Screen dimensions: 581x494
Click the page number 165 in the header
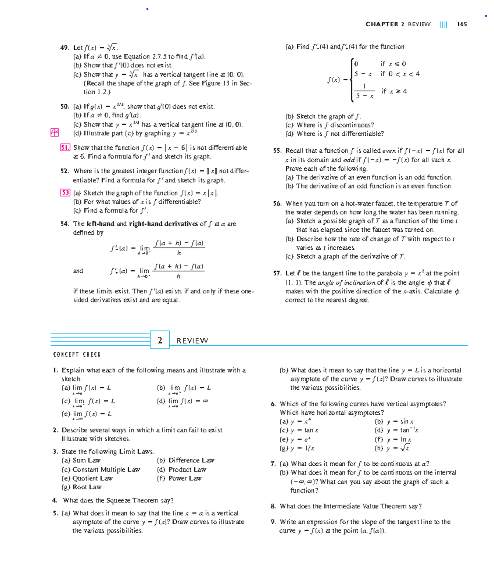(462, 24)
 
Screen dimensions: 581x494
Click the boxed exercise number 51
(65, 148)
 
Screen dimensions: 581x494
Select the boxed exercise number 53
(65, 193)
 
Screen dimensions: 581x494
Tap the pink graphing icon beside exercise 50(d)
(54, 132)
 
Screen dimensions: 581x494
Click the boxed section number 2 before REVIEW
(160, 340)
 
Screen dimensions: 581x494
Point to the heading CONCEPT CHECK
(77, 355)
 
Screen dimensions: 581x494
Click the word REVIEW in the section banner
(192, 341)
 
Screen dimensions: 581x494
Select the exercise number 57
(277, 273)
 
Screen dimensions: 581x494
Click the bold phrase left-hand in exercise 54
(100, 224)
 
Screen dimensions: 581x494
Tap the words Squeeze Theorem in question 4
(133, 500)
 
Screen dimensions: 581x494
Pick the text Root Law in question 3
(87, 487)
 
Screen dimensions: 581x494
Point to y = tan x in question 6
(304, 430)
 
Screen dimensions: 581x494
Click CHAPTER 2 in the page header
(384, 24)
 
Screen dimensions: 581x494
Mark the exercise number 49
(65, 48)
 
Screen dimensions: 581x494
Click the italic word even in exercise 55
(389, 151)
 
